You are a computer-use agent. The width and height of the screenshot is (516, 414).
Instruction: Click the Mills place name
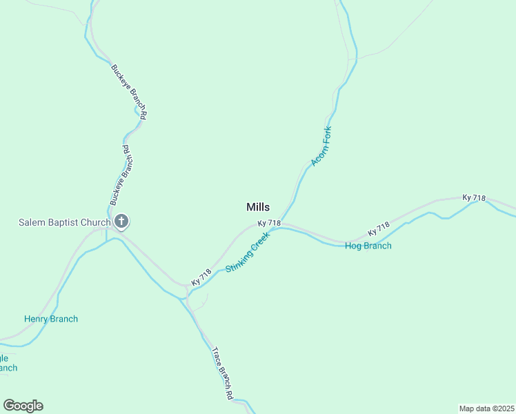[258, 207]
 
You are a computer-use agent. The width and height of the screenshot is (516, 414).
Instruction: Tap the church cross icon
[121, 222]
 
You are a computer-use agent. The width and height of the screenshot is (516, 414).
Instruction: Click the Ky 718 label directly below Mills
[269, 224]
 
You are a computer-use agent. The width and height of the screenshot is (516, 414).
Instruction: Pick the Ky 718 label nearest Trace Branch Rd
[201, 278]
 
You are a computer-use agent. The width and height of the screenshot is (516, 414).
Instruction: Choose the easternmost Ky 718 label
[475, 198]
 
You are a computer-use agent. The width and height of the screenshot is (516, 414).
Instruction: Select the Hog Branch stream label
[368, 246]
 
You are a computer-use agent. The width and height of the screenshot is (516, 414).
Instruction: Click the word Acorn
[318, 155]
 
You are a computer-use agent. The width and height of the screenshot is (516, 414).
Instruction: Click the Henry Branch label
[51, 319]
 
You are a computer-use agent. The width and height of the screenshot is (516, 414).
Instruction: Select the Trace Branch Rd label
[221, 373]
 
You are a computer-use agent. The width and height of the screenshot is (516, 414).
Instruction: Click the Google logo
[23, 406]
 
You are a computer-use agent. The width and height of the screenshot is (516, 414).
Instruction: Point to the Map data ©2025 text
[486, 408]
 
